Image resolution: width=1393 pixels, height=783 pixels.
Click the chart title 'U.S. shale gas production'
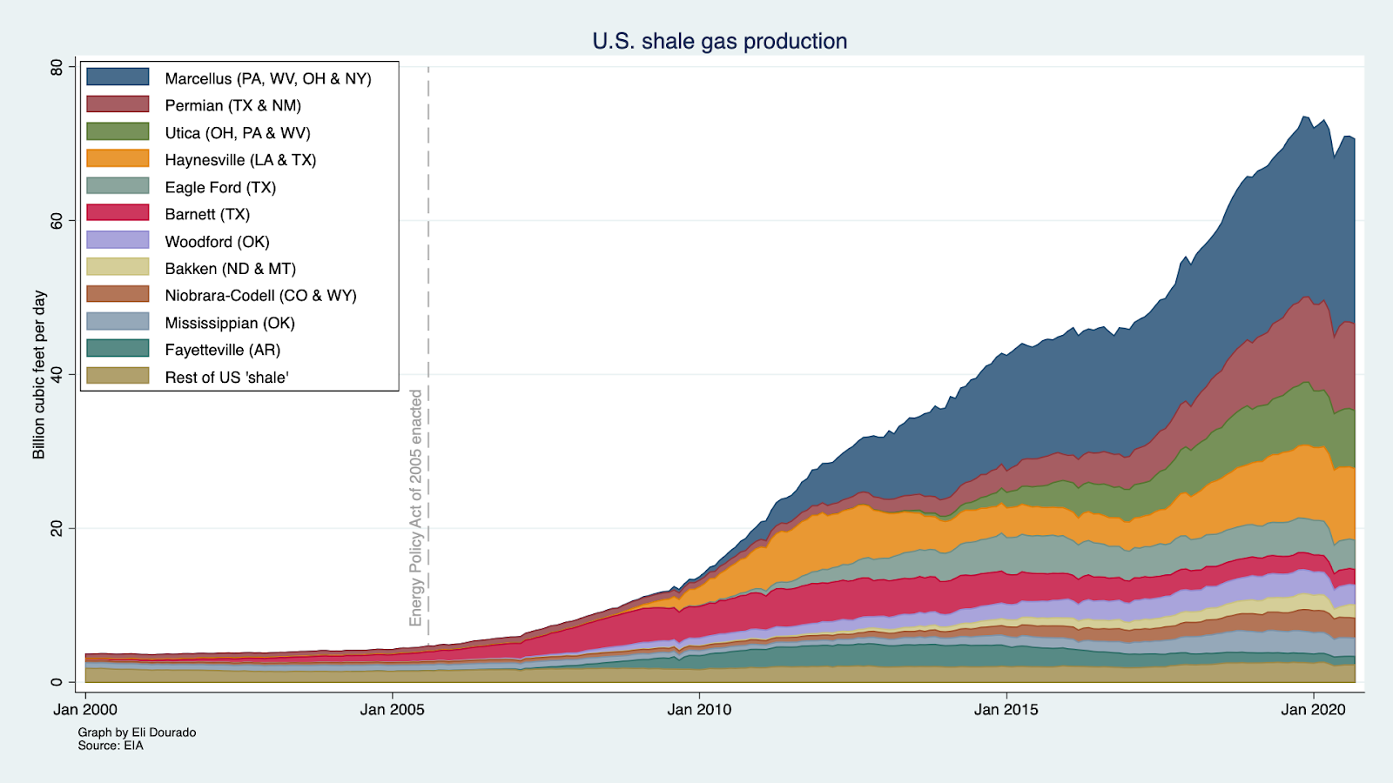pos(719,41)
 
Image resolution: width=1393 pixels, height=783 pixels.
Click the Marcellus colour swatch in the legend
pos(118,77)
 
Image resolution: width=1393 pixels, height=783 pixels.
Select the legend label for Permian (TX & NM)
pos(232,105)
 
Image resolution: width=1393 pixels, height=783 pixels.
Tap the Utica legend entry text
pos(237,133)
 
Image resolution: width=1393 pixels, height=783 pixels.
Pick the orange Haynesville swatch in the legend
pos(118,159)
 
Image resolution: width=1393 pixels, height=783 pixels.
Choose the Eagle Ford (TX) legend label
pos(220,187)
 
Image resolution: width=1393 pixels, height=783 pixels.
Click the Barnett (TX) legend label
pos(207,214)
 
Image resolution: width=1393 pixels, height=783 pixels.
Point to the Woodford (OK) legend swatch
pos(118,241)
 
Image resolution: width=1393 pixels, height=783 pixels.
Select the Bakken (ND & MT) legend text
pos(230,269)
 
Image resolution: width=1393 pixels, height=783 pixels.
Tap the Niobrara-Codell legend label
pos(260,296)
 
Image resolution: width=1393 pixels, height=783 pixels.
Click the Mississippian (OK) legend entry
pos(230,323)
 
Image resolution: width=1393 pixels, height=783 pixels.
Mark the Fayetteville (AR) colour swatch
pos(118,349)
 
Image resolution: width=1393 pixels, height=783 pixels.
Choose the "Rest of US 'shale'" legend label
pos(226,377)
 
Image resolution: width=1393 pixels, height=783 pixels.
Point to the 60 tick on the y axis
pos(57,221)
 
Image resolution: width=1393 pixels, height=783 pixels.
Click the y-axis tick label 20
pos(57,528)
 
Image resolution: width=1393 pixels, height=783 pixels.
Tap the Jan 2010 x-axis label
pos(699,709)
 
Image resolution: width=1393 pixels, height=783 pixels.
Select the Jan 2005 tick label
pos(392,709)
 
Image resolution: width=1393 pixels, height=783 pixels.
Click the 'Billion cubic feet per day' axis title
pos(39,374)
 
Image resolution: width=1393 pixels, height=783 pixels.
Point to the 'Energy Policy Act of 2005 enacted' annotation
pos(416,507)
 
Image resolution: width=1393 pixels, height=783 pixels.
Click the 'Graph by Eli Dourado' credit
pos(137,733)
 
